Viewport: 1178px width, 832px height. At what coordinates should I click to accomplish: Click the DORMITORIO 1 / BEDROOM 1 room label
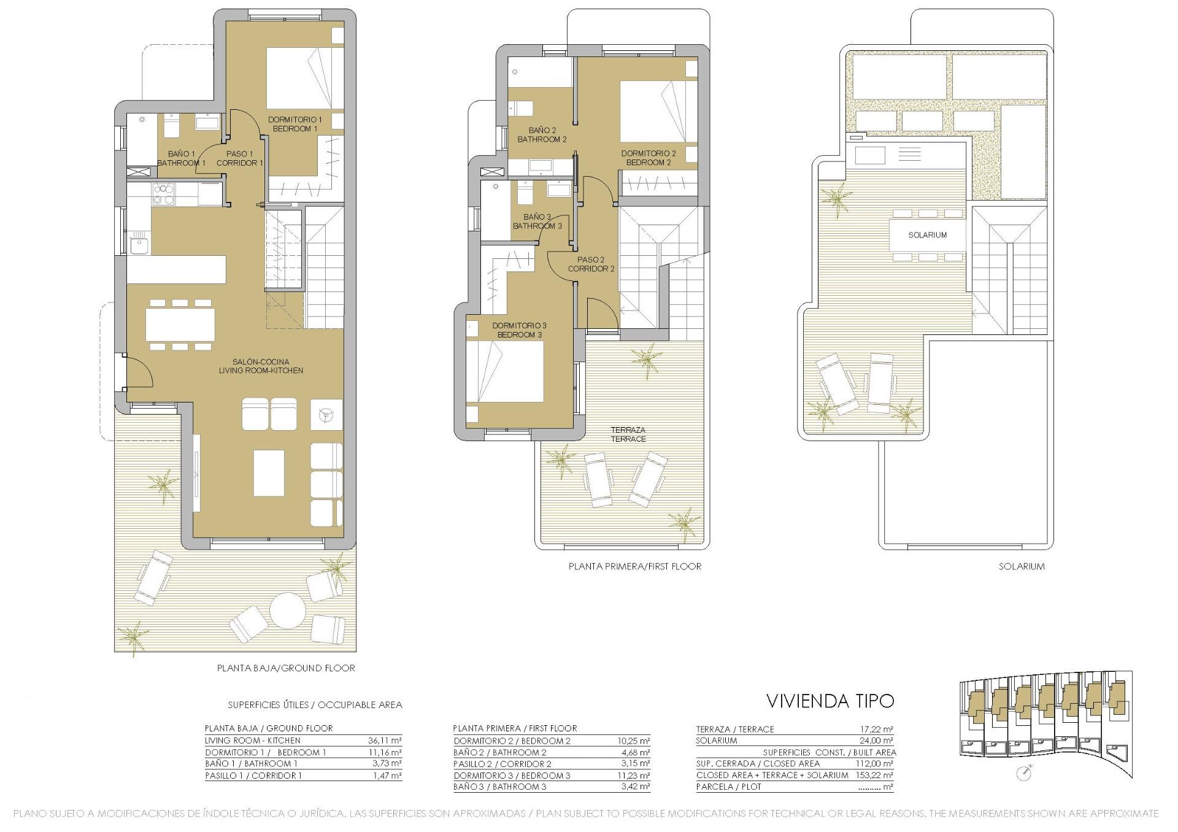tap(294, 124)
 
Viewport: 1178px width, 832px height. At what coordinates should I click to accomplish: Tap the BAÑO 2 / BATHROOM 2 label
tap(542, 135)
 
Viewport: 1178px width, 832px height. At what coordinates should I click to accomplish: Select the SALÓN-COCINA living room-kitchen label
tap(261, 366)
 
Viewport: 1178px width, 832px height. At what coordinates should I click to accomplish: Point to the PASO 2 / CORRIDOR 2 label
tap(591, 264)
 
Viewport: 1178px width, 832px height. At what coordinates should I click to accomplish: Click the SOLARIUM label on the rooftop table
tap(927, 235)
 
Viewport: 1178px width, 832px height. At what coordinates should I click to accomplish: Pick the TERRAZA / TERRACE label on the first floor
tap(628, 434)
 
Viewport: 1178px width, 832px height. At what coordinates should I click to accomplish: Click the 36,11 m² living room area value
tap(385, 741)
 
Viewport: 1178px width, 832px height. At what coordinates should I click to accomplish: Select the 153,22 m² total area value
tap(875, 775)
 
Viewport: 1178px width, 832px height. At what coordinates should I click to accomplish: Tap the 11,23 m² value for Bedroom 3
tap(633, 776)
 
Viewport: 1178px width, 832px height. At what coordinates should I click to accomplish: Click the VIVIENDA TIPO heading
tap(830, 700)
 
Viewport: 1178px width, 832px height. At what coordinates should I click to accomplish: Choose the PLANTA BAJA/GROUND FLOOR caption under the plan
tap(286, 668)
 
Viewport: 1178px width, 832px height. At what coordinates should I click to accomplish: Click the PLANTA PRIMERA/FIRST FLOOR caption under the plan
tap(634, 566)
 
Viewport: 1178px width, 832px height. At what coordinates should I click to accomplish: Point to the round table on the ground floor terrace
tap(288, 609)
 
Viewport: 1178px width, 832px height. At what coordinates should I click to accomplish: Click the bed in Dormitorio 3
tap(505, 372)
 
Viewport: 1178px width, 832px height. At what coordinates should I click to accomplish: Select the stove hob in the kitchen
tap(164, 194)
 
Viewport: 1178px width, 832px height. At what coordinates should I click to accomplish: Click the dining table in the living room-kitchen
tap(180, 325)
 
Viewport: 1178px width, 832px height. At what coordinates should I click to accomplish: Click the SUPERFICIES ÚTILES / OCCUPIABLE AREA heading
tap(315, 705)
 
